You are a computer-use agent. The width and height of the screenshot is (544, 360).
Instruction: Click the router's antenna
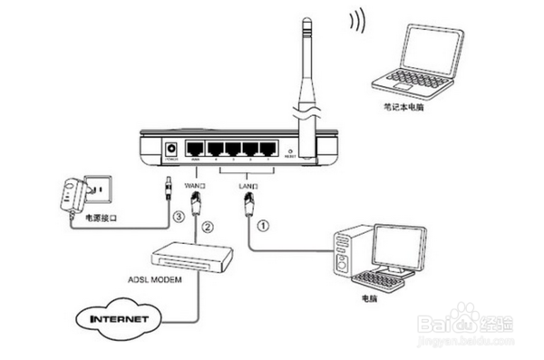[305, 73]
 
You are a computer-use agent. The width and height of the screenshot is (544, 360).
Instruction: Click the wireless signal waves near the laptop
[357, 20]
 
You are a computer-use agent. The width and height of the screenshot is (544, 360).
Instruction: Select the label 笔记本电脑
[403, 107]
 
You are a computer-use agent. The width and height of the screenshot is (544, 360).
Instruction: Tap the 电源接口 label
[101, 219]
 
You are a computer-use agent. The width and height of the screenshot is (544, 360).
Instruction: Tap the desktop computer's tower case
[345, 255]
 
